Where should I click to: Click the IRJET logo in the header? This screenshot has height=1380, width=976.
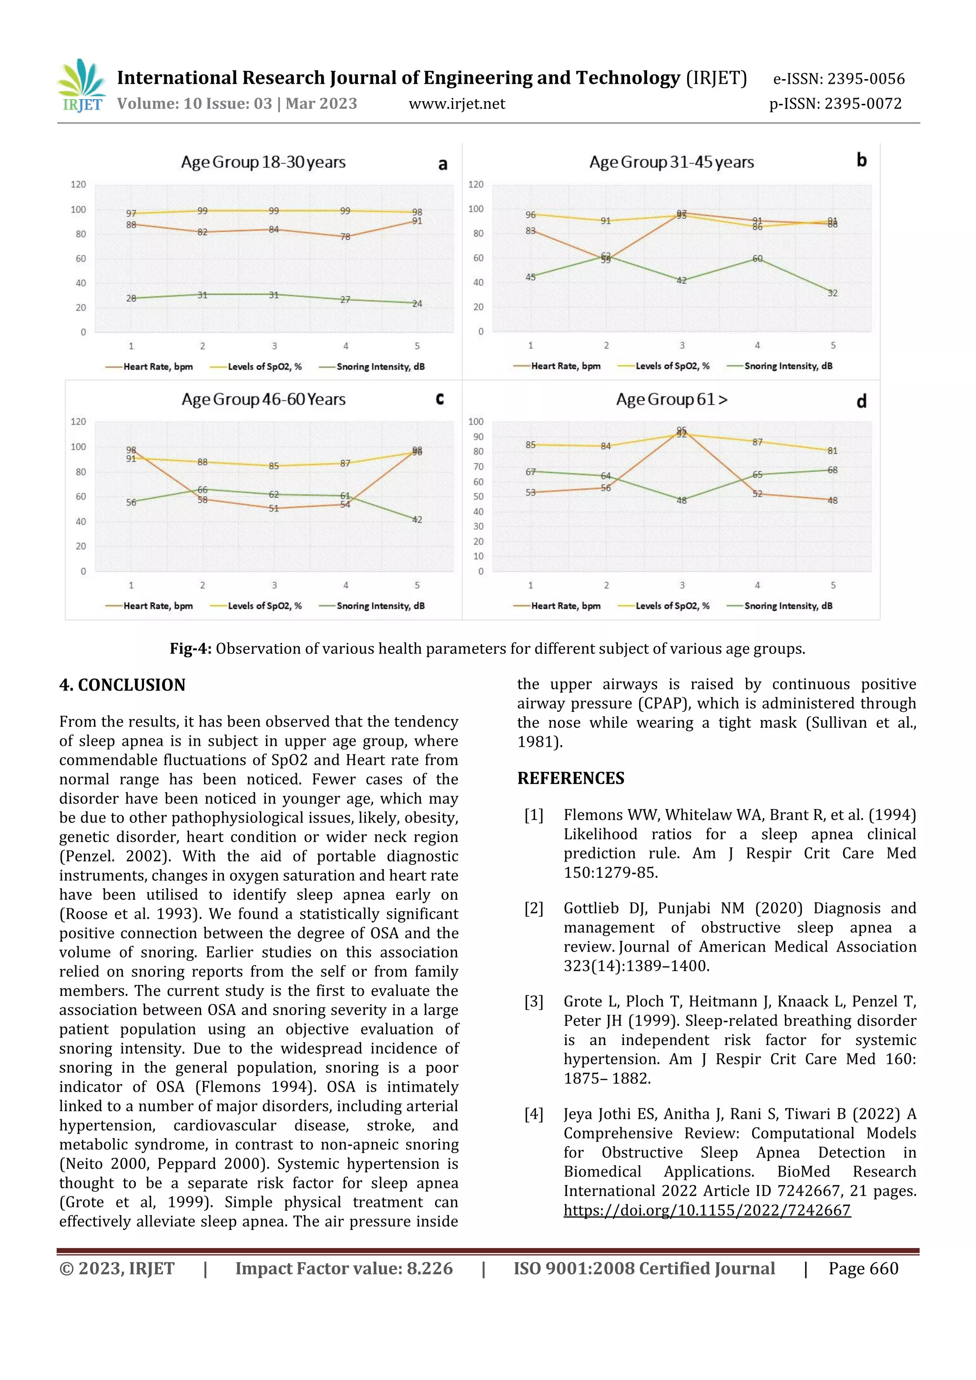(82, 86)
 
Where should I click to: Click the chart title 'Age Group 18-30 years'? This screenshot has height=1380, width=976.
(263, 162)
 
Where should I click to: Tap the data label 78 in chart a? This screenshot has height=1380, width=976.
(346, 237)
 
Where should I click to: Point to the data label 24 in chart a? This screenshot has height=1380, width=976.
(417, 304)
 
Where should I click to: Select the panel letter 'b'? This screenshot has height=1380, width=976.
(861, 160)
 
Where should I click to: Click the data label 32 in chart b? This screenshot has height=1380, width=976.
(833, 294)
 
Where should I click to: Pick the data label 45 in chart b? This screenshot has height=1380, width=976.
(530, 277)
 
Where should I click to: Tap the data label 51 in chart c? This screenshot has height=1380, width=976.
(274, 508)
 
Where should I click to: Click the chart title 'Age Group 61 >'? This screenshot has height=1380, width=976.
(671, 400)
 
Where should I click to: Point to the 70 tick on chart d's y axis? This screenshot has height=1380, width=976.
(478, 467)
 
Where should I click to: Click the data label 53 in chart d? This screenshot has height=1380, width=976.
(530, 492)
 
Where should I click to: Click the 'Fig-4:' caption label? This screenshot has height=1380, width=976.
(190, 649)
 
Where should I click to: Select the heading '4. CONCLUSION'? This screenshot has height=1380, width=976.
(122, 685)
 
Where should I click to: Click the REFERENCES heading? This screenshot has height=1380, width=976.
(570, 778)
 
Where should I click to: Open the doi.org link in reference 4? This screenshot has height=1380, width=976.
(707, 1210)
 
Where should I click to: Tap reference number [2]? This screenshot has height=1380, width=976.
(534, 908)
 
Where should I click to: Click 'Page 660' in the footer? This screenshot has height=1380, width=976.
(863, 1269)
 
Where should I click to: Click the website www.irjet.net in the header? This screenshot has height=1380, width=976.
(457, 104)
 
